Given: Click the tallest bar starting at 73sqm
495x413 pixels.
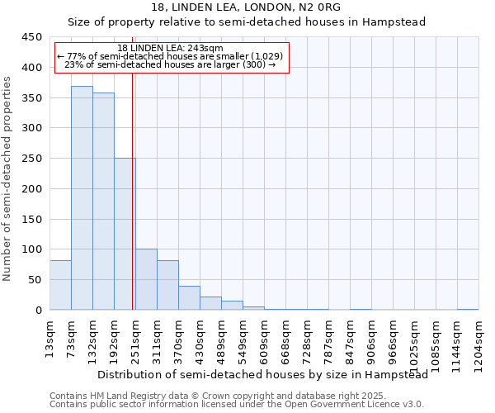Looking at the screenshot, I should point(82,198).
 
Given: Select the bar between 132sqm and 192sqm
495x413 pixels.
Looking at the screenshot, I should point(103,202).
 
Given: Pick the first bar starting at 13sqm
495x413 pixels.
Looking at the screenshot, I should point(60,285).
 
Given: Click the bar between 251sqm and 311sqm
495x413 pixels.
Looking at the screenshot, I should point(146,279).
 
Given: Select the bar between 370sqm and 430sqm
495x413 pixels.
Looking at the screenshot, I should point(189,298).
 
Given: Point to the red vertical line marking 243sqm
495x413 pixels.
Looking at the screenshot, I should point(132,190).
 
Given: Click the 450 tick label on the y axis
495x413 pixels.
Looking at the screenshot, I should point(31,37).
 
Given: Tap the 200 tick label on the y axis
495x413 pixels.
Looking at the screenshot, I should point(31,189).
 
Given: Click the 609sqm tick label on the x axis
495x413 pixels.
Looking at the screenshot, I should point(265,334).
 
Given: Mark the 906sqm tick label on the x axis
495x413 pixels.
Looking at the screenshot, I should point(372,334).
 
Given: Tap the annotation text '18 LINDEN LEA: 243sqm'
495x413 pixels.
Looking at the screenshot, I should point(170,49).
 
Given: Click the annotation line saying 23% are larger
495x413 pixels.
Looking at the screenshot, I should point(170,64).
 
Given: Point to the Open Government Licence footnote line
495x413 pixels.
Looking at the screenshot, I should point(237,405).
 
